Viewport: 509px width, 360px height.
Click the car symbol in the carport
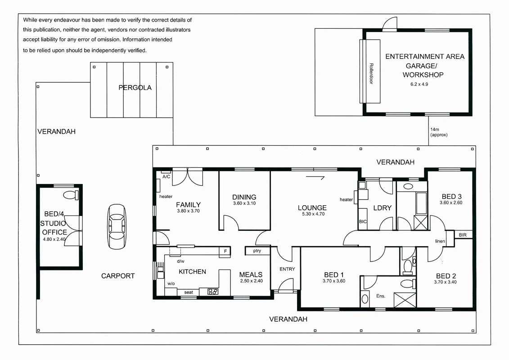(117, 227)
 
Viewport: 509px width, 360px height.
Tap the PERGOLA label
(135, 88)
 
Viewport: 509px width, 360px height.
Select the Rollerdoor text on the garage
(371, 74)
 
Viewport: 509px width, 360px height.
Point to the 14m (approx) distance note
(439, 132)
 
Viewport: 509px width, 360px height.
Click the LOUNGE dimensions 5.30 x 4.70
(313, 214)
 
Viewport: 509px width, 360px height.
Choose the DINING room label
(244, 197)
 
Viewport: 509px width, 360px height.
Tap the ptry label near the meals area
(257, 251)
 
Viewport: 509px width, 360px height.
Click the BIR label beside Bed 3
(463, 235)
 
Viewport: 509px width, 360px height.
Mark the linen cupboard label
(440, 241)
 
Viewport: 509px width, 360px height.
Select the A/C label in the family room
(166, 176)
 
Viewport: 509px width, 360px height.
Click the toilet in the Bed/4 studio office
(71, 195)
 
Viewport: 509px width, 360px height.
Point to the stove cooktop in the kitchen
(213, 292)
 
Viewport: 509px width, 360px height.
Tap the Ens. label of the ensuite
(381, 296)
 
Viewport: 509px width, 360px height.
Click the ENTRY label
(287, 269)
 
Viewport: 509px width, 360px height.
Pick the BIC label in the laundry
(363, 222)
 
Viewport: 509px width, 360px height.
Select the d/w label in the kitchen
(180, 261)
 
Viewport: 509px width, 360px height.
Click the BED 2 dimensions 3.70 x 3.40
(446, 282)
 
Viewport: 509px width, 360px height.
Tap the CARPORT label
(118, 276)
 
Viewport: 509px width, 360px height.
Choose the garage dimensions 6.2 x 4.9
(419, 84)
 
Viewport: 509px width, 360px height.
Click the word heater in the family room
(166, 196)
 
